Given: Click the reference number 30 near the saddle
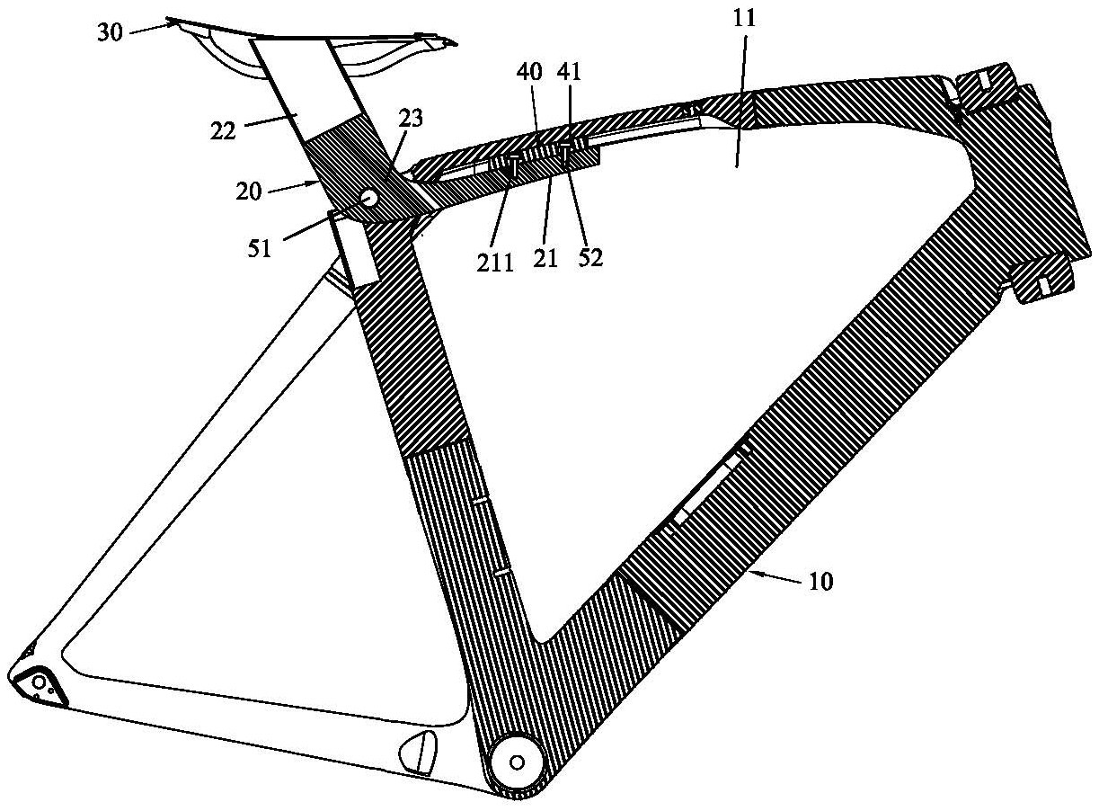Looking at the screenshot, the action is pyautogui.click(x=110, y=33).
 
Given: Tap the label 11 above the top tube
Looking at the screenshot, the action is pyautogui.click(x=744, y=18).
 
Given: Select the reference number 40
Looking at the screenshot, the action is pyautogui.click(x=529, y=72).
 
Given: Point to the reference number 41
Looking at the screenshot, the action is pyautogui.click(x=569, y=72).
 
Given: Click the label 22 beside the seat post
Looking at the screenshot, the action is pyautogui.click(x=223, y=131).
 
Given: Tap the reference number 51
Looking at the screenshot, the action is pyautogui.click(x=259, y=249).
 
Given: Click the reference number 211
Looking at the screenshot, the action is pyautogui.click(x=495, y=263).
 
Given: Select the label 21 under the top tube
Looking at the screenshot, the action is pyautogui.click(x=546, y=258).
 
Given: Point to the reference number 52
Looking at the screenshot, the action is pyautogui.click(x=589, y=257).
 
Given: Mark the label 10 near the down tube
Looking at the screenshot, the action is pyautogui.click(x=820, y=582).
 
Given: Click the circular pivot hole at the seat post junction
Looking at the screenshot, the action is pyautogui.click(x=369, y=197).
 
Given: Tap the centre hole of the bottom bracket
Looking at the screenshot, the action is pyautogui.click(x=517, y=762).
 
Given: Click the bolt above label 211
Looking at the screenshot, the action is pyautogui.click(x=513, y=166).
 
